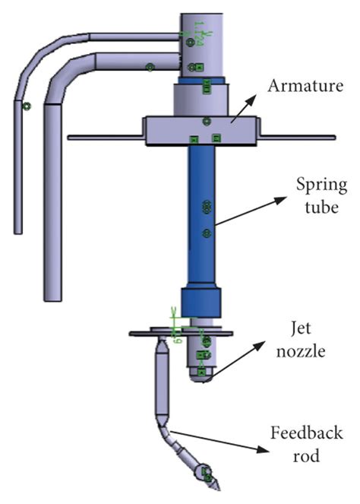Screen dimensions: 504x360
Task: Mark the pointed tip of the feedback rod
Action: click(216, 487)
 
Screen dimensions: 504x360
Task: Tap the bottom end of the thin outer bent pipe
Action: click(17, 230)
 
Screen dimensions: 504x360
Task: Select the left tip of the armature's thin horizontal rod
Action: click(70, 138)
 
